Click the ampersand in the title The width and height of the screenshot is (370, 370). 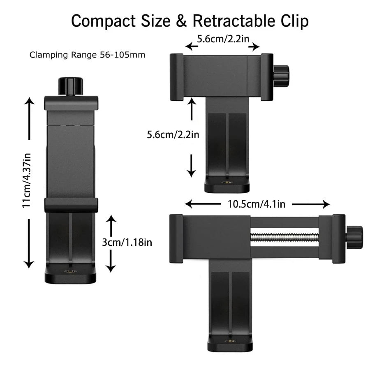tap(181, 21)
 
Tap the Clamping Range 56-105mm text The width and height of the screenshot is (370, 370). tap(87, 55)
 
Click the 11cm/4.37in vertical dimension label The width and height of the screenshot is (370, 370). tap(26, 180)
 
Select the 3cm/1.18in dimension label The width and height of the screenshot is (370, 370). tap(127, 242)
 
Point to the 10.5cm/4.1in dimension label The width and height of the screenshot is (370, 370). tap(257, 204)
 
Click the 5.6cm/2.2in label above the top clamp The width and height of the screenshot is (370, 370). tap(223, 39)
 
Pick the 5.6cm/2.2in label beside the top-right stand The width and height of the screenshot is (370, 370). tap(173, 135)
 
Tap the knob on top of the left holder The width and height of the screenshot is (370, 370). tap(71, 86)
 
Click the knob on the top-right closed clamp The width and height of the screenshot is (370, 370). tap(281, 76)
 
